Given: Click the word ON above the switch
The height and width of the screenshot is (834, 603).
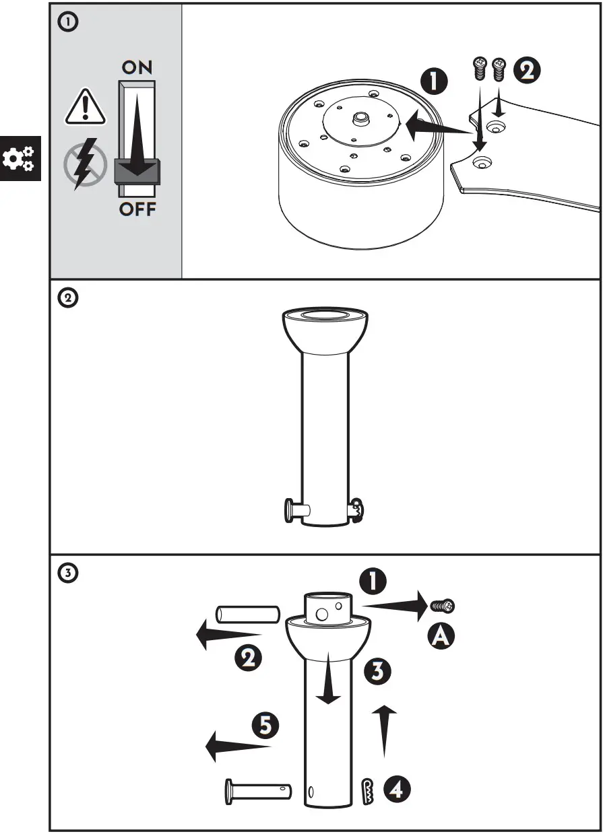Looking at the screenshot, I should pyautogui.click(x=137, y=67).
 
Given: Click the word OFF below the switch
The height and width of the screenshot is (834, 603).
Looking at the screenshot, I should pyautogui.click(x=137, y=209).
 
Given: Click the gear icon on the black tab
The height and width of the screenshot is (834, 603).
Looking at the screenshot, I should pyautogui.click(x=19, y=158).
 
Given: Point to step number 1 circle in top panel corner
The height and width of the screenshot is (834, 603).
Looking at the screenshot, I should pyautogui.click(x=69, y=22).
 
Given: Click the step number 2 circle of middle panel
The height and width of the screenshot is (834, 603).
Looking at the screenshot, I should pyautogui.click(x=69, y=298).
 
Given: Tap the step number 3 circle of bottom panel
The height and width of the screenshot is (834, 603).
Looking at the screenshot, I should pyautogui.click(x=69, y=574).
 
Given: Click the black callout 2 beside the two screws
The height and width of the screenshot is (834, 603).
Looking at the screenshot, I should pyautogui.click(x=527, y=70).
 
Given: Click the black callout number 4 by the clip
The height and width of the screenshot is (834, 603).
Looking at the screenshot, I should pyautogui.click(x=397, y=790).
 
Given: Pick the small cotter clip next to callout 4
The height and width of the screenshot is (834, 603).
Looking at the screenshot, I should pyautogui.click(x=367, y=791).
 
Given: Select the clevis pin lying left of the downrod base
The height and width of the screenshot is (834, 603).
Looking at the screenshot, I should pyautogui.click(x=257, y=789).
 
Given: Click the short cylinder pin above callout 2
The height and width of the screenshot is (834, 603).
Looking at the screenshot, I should pyautogui.click(x=247, y=614).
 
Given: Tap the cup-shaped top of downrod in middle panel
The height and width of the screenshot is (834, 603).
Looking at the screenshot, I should pyautogui.click(x=325, y=331).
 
